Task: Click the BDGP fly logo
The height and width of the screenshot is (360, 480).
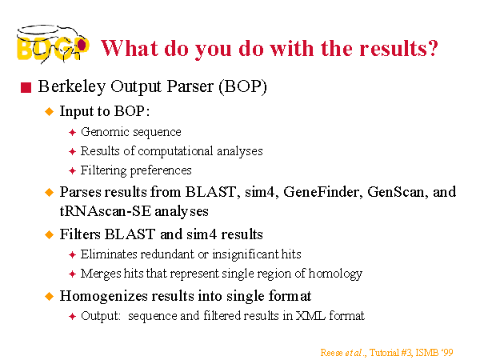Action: point(53,43)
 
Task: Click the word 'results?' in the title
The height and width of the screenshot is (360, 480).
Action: point(398,48)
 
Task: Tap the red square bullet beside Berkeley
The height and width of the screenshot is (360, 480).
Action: point(26,87)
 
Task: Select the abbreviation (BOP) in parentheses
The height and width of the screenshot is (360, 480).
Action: point(242,86)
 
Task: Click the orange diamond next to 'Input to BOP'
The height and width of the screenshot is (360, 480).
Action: point(49,111)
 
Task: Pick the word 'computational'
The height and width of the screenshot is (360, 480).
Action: point(175,151)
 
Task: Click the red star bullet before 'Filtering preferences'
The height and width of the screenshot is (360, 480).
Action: point(72,170)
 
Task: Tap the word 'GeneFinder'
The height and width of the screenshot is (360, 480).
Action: point(322,192)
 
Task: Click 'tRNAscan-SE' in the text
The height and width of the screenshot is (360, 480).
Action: point(106,211)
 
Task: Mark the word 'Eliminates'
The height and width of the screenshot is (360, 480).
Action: point(109,254)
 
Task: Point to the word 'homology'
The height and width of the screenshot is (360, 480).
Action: point(335,274)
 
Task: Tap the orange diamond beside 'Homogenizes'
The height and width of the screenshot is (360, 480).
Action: point(49,296)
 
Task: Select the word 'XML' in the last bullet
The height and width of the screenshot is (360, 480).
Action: point(310,316)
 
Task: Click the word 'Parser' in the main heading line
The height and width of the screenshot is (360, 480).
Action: point(190,86)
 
